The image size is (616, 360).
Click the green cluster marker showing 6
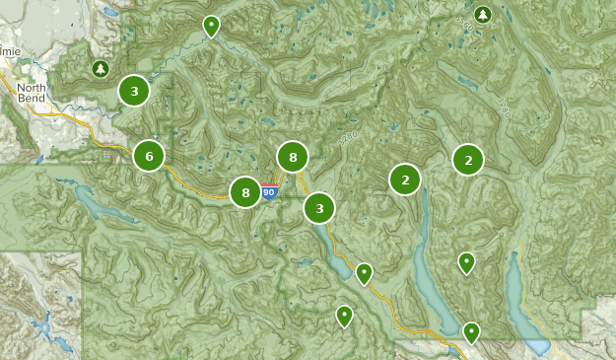pos(149,156)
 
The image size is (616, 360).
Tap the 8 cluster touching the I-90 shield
pos(245,192)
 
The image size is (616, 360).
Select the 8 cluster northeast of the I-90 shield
pos(293,157)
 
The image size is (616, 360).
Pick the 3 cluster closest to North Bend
pos(134,91)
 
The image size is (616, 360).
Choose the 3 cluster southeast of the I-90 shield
pos(318,208)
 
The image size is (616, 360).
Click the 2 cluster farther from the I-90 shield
pos(468,159)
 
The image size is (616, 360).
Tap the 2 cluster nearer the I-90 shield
pos(405,180)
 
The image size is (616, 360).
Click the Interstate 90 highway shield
pos(269,192)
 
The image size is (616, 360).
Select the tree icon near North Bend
pos(100,68)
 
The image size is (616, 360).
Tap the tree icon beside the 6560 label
pos(482,15)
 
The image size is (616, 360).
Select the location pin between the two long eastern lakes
pos(466,261)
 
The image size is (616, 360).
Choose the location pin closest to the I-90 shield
pos(364,272)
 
